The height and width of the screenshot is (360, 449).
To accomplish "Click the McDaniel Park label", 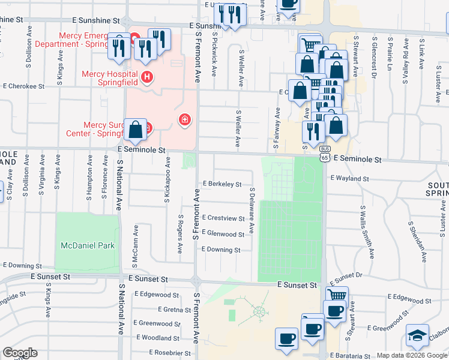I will [x=88, y=245].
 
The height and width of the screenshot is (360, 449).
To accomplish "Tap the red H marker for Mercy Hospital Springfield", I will [x=147, y=77].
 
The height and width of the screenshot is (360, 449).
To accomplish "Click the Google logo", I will [x=19, y=353].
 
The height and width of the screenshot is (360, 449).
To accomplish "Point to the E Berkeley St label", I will [x=222, y=184].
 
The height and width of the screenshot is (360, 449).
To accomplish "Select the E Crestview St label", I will [x=223, y=218].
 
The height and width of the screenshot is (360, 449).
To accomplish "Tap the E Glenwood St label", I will [x=223, y=234].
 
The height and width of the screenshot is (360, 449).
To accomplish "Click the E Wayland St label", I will [x=349, y=179].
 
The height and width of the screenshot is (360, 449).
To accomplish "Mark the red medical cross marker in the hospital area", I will [x=185, y=120].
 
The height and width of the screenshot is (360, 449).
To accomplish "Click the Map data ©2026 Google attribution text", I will [x=412, y=355].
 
